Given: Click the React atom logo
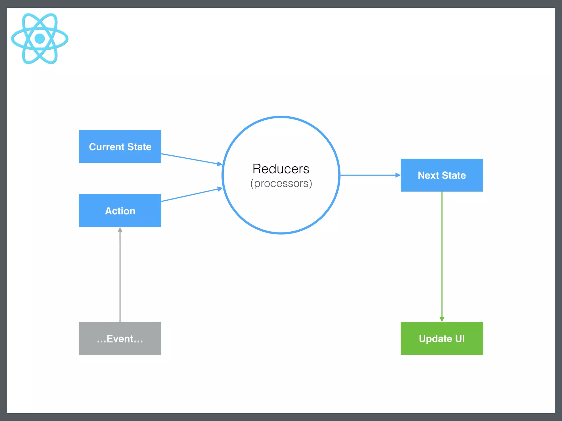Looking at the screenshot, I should click(40, 38).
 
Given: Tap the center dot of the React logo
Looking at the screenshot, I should click(40, 38).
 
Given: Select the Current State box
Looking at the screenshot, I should click(120, 146).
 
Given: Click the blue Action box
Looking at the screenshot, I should click(120, 210).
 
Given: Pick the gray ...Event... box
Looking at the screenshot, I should click(120, 338).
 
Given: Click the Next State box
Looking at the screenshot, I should click(442, 175).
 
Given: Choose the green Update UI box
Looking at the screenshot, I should click(442, 338).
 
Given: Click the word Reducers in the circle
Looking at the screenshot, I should click(281, 169).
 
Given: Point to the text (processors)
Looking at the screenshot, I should click(281, 183).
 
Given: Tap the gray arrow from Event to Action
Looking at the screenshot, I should click(120, 274).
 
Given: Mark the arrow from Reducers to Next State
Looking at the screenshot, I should click(368, 175).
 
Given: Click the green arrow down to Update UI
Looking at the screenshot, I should click(442, 255).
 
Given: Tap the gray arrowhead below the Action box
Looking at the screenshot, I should click(120, 230).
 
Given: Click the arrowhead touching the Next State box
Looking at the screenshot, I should click(398, 175).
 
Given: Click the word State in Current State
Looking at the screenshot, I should click(139, 147).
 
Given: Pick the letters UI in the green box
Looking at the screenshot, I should click(460, 339).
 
